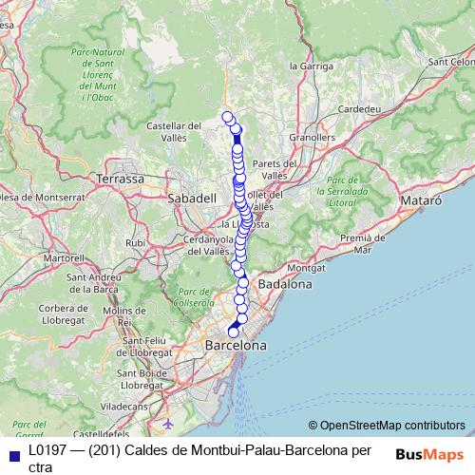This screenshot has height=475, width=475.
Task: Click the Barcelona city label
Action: point(236,347)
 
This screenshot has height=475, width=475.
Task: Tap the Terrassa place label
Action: point(120,178)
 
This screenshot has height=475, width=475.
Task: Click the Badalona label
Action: point(285,284)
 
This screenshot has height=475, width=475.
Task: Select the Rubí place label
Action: point(136,242)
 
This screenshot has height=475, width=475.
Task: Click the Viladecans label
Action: point(129,405)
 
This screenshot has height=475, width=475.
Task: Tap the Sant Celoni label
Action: point(451,62)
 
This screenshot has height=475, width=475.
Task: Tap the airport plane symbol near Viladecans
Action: point(168,422)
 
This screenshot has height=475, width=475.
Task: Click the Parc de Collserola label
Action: point(194,297)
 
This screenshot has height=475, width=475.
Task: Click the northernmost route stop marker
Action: point(227,117)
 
